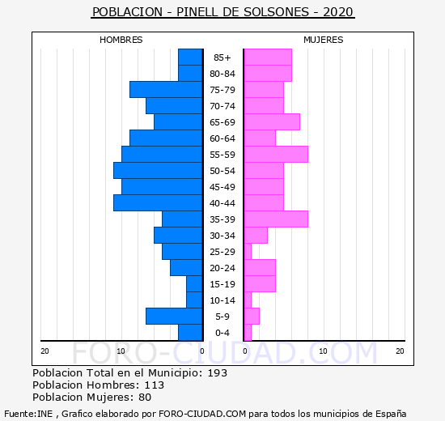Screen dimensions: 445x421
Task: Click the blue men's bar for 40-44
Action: click(x=158, y=203)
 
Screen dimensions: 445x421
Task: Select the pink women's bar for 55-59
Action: click(x=276, y=155)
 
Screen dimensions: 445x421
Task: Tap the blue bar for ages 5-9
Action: click(x=174, y=317)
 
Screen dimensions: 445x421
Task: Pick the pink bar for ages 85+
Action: click(x=268, y=57)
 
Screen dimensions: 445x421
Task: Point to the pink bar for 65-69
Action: click(x=272, y=122)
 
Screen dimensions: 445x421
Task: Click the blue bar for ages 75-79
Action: click(x=166, y=90)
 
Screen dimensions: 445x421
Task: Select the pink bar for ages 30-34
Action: click(x=256, y=236)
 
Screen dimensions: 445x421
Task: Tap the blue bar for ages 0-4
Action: click(x=190, y=333)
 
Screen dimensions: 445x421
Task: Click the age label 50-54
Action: click(x=222, y=171)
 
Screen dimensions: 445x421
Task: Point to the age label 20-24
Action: click(x=222, y=268)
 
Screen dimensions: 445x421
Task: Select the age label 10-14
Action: click(x=222, y=300)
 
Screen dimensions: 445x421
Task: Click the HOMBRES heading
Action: click(x=121, y=40)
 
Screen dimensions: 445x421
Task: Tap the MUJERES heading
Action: click(x=324, y=40)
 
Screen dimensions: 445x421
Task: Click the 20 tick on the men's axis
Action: click(x=44, y=351)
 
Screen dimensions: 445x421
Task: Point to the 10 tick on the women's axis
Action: click(x=323, y=351)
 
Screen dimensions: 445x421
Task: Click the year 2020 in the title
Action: click(x=338, y=12)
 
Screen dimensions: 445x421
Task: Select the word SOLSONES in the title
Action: click(x=276, y=12)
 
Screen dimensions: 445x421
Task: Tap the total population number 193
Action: click(x=218, y=372)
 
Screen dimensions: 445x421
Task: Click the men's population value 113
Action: click(x=154, y=385)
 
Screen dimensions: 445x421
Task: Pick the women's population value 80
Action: click(x=145, y=398)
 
